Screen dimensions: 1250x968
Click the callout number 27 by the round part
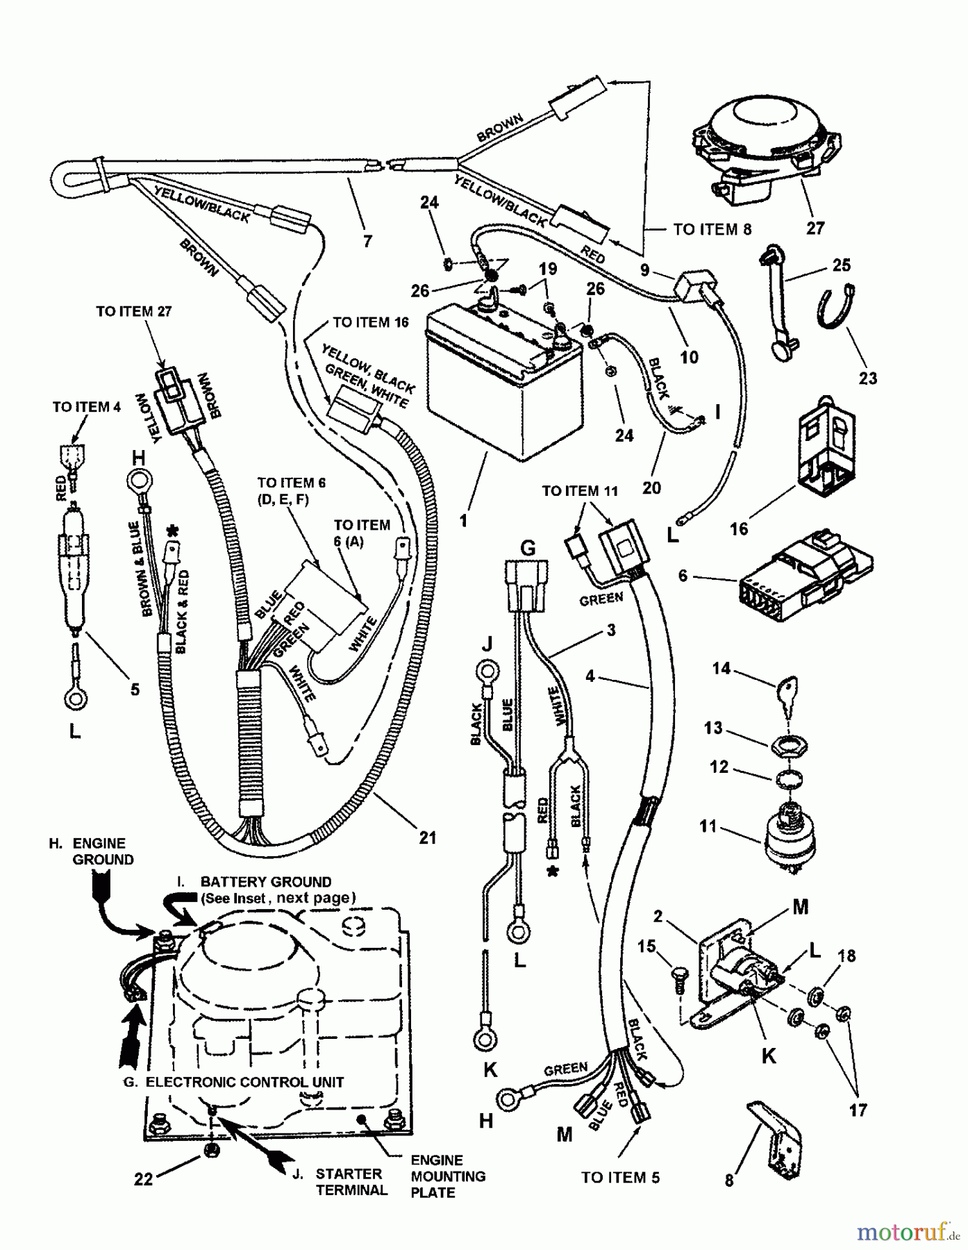coord(815,228)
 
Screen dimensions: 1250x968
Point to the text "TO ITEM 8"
coord(712,229)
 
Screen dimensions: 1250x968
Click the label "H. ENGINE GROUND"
coord(93,851)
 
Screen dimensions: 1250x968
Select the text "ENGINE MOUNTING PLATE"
coord(448,1176)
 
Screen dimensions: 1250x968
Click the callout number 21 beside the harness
coord(428,837)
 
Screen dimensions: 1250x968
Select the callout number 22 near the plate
coord(143,1178)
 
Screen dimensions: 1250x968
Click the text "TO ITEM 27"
coord(133,311)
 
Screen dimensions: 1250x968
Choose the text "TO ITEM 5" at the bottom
coord(620,1177)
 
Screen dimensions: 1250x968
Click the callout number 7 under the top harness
coord(367,241)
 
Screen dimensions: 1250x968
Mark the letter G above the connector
coord(528,549)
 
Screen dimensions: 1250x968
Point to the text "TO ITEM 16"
coord(370,322)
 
